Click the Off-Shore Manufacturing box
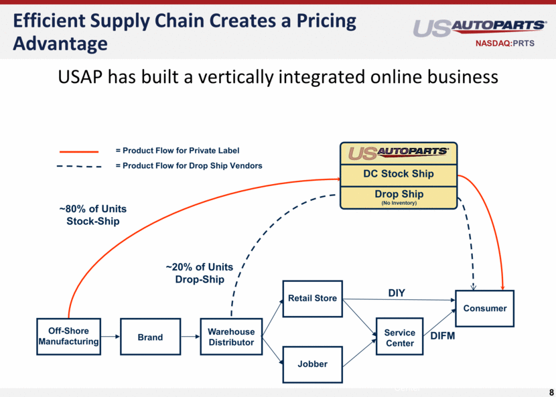pos(68,336)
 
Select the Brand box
pos(150,337)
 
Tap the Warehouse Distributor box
pos(231,337)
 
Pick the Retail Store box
pos(312,298)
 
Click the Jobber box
pos(312,364)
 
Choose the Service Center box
pos(399,337)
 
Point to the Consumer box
pos(484,308)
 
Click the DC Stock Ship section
pos(399,173)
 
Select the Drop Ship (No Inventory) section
pos(399,197)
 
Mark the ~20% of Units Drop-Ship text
pos(199,273)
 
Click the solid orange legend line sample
pos(79,152)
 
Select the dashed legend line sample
pos(79,166)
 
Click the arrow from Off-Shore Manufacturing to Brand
pos(111,337)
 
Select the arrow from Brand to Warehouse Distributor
pos(190,337)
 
